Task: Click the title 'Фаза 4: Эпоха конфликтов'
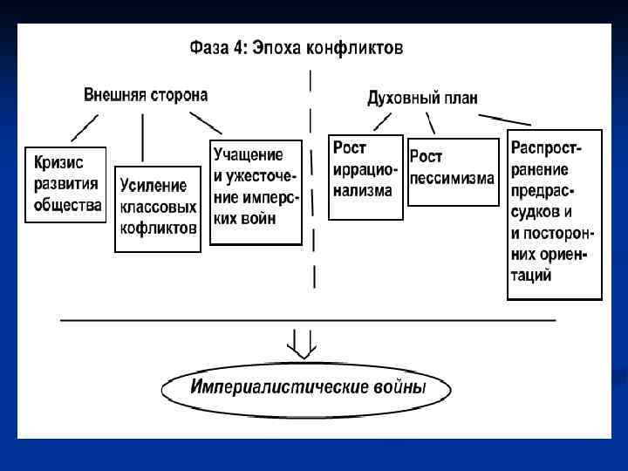point(297,49)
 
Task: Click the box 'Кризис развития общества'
point(65,184)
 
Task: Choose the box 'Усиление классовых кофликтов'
point(158,208)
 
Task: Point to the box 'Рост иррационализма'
point(365,176)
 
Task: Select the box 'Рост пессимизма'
point(452,169)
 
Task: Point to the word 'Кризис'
point(60,162)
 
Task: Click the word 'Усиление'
point(154,186)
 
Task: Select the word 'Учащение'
point(249,154)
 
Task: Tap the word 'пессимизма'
point(452,178)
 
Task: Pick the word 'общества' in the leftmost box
point(67,206)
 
